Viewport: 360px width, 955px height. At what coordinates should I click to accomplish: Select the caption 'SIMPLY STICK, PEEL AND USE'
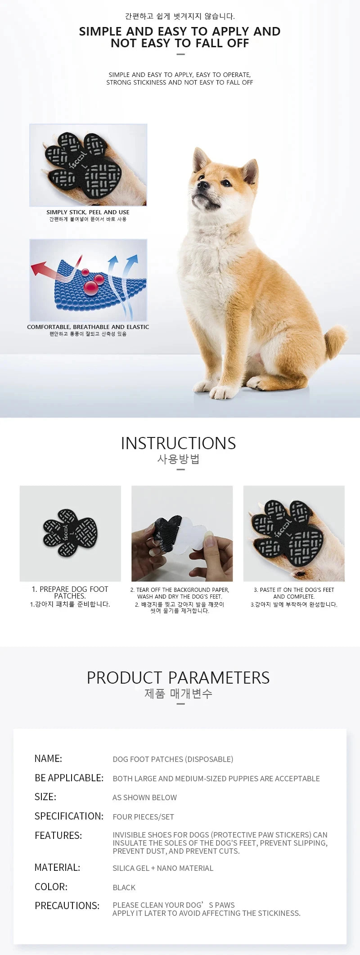click(88, 212)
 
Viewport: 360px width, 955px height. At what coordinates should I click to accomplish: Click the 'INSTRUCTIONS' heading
click(178, 443)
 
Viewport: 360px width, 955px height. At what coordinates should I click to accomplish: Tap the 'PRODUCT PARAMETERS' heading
click(178, 678)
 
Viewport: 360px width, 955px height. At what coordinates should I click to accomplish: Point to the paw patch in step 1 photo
click(70, 533)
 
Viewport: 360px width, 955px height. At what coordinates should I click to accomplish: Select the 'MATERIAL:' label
click(57, 867)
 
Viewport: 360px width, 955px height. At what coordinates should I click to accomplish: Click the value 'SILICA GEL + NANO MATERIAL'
click(163, 868)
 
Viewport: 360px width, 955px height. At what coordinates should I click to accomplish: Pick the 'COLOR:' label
click(51, 887)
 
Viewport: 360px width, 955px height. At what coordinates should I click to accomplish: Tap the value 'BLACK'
click(124, 887)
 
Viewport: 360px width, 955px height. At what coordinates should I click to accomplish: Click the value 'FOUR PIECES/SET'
click(143, 817)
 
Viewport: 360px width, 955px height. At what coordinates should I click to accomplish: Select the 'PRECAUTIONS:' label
click(67, 905)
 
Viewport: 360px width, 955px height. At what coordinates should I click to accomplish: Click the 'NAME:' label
click(48, 758)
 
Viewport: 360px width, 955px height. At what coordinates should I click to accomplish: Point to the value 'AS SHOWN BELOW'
click(144, 797)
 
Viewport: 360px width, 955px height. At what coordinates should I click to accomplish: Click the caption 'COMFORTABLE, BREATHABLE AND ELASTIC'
click(88, 327)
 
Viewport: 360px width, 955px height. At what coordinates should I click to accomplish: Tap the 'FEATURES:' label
click(58, 835)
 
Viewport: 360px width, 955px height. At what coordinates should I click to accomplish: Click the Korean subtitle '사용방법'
click(178, 459)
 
